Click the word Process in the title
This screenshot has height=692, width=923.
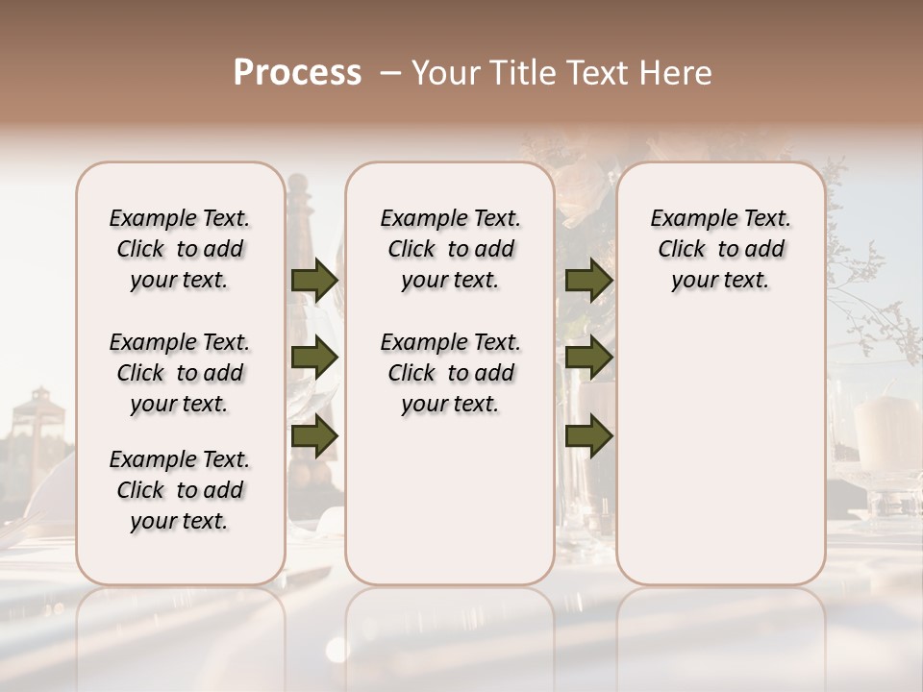[297, 73]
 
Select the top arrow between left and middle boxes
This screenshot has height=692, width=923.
[314, 281]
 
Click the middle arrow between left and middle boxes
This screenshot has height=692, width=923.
[314, 358]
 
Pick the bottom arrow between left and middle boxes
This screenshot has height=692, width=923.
[314, 436]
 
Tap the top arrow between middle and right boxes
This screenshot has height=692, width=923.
[588, 281]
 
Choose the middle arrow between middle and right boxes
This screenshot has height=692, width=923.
[588, 358]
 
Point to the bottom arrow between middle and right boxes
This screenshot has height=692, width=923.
[588, 436]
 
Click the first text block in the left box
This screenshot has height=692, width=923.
[180, 249]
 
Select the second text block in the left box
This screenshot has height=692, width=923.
[180, 373]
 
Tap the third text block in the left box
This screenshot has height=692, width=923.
[180, 490]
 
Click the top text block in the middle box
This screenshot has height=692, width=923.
[450, 249]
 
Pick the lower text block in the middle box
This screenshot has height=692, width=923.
[450, 373]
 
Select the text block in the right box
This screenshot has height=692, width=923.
[720, 249]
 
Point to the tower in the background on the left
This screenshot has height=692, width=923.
[38, 413]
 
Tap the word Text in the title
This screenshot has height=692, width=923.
[601, 73]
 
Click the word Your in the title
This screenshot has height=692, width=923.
[440, 73]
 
